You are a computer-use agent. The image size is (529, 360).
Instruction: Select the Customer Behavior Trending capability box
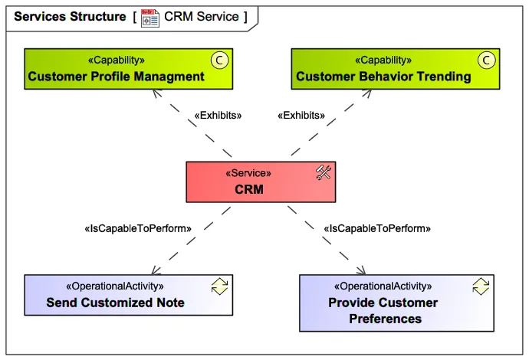point(396,68)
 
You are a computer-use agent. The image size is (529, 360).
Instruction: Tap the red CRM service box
point(261,182)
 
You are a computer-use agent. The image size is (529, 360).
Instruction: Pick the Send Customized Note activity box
point(128,295)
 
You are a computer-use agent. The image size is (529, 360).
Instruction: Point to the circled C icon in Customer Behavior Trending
point(485,60)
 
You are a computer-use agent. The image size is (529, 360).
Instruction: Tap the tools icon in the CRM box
point(323,173)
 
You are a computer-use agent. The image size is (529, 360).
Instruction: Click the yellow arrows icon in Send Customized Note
point(219,286)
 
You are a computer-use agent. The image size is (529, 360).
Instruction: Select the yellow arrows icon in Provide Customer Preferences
point(481,286)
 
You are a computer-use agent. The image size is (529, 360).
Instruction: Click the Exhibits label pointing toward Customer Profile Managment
point(219,116)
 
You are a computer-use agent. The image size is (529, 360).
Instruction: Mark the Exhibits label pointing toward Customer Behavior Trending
point(300,116)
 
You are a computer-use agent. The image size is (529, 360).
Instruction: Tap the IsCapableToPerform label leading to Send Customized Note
point(137,228)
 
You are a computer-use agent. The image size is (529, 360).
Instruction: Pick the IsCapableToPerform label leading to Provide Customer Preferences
point(377,228)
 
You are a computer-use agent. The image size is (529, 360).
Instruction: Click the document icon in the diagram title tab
point(150,17)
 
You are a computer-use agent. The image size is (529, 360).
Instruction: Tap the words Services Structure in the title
point(70,16)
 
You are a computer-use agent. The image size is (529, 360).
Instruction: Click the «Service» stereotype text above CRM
point(248,173)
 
